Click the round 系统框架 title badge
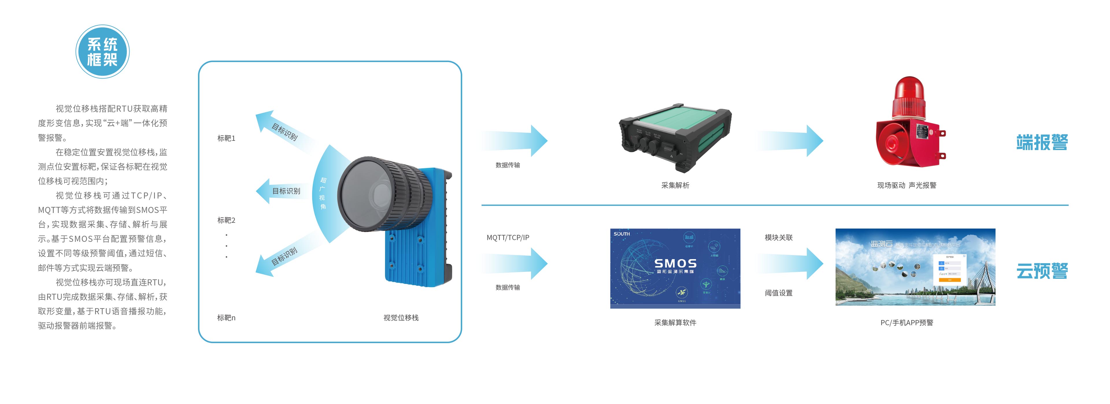point(103,52)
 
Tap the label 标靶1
point(226,138)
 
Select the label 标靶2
point(226,220)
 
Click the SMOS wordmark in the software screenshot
point(675,263)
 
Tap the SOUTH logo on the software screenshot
point(621,234)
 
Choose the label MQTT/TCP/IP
point(508,237)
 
